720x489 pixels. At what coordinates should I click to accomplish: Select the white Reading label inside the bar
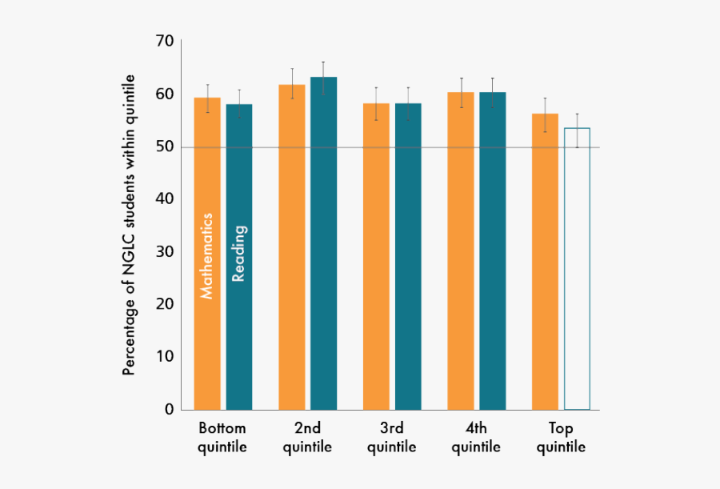click(x=238, y=254)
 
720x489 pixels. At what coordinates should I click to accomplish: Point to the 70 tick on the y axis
click(x=164, y=41)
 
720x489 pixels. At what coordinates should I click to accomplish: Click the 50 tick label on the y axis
click(x=164, y=147)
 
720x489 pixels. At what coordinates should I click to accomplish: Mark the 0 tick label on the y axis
click(x=169, y=409)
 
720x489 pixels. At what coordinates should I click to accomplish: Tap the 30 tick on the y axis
click(x=164, y=252)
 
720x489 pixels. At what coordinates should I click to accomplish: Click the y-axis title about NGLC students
click(x=129, y=225)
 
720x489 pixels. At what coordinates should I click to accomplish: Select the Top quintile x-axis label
click(x=562, y=438)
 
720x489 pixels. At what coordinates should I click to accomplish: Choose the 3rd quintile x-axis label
click(x=392, y=438)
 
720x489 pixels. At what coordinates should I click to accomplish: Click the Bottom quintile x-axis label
click(x=222, y=438)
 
